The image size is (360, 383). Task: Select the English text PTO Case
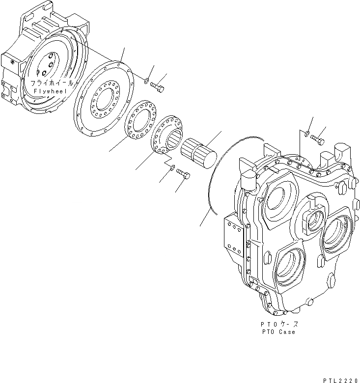pyautogui.click(x=278, y=332)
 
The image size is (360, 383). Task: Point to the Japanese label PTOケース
pyautogui.click(x=278, y=325)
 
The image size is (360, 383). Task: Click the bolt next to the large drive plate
pyautogui.click(x=158, y=87)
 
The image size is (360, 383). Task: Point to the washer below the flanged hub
pyautogui.click(x=171, y=168)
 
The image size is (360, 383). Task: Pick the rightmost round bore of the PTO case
pyautogui.click(x=337, y=236)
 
